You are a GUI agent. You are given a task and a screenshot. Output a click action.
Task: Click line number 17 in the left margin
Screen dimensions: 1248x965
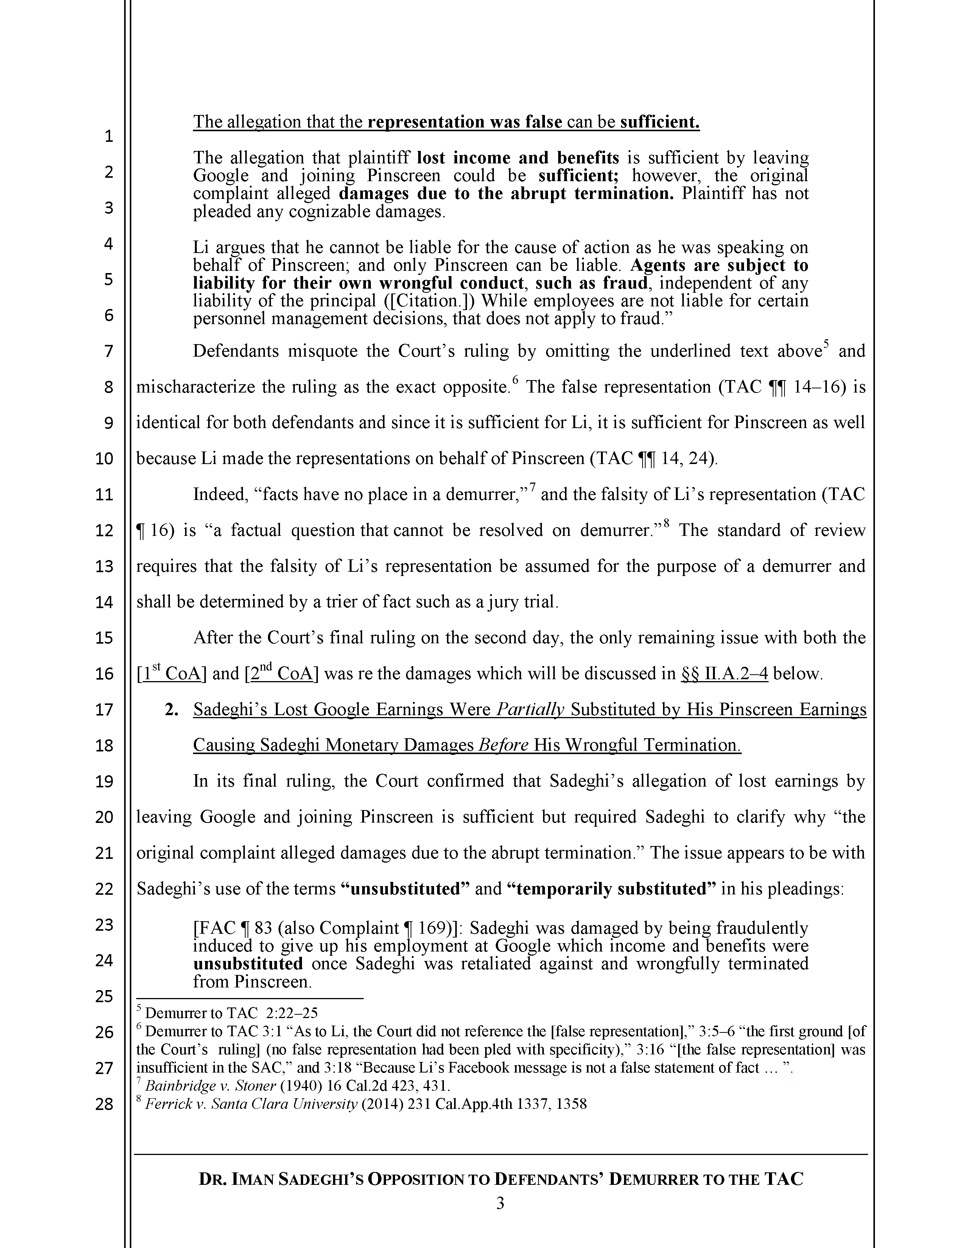point(104,710)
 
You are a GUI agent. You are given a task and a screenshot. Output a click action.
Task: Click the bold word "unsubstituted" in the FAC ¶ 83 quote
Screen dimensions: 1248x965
point(247,964)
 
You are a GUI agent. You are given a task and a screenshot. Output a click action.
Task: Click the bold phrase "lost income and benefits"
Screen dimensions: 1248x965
point(518,157)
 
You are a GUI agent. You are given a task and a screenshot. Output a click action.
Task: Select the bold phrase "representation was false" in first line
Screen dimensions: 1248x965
point(465,122)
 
